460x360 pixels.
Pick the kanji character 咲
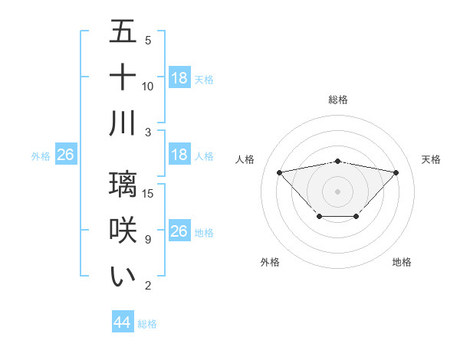click(x=123, y=230)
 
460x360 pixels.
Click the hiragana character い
click(x=123, y=276)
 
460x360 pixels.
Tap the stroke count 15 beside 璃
click(x=149, y=194)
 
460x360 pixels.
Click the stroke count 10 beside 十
click(x=148, y=87)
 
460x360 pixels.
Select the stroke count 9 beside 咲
click(x=148, y=240)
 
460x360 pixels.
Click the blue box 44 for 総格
click(x=122, y=322)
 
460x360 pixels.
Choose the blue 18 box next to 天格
click(x=179, y=78)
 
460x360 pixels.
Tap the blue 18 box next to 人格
click(x=179, y=155)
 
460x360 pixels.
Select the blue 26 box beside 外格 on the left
click(x=65, y=155)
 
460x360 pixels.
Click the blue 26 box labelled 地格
click(x=179, y=231)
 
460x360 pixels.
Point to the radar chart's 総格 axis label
click(x=338, y=100)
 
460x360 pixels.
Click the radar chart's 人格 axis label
click(x=245, y=159)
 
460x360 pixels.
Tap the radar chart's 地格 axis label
click(x=402, y=262)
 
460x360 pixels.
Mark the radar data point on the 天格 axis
click(x=396, y=172)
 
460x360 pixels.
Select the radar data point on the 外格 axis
click(x=319, y=217)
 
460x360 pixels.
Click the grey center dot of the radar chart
click(x=338, y=190)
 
